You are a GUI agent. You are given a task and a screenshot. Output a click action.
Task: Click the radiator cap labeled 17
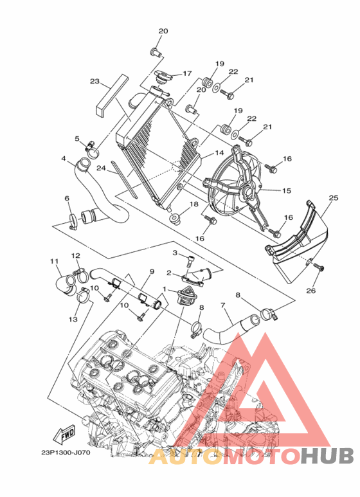click(163, 77)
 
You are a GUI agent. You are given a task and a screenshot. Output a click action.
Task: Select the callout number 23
click(94, 82)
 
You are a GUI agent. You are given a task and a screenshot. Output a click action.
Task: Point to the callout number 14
click(219, 153)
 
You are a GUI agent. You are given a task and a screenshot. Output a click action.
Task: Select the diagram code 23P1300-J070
click(66, 452)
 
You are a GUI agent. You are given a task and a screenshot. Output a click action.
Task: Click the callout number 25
click(334, 198)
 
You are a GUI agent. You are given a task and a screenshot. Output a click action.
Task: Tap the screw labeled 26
click(318, 268)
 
